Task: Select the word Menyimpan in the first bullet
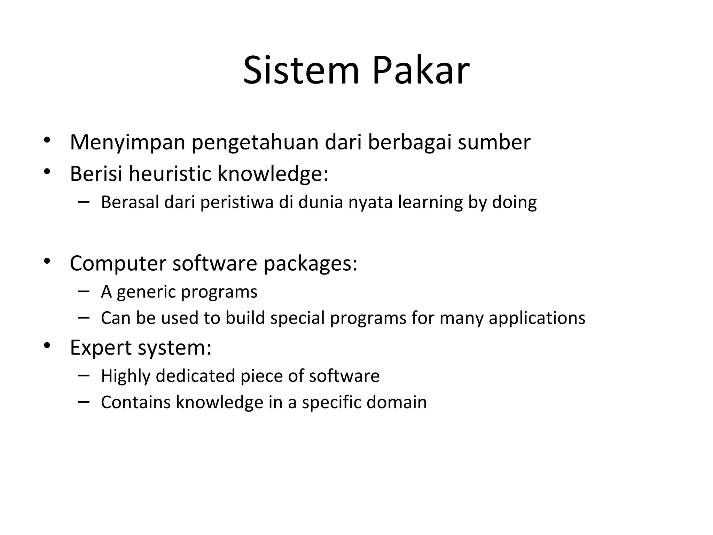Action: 127,142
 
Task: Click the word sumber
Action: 494,142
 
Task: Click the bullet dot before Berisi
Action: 47,171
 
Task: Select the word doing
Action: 514,202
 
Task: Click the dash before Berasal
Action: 84,201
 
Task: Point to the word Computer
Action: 118,263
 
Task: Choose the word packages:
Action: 310,263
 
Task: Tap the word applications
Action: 537,318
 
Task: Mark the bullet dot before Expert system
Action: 47,346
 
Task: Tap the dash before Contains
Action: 84,401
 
